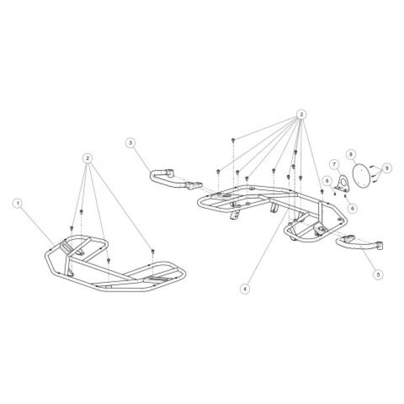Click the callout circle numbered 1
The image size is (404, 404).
(18, 204)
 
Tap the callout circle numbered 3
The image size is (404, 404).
(130, 143)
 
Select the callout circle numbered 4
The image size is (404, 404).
(245, 289)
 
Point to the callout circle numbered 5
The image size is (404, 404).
(378, 275)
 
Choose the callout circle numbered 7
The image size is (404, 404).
(334, 164)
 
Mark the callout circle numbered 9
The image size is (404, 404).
(386, 168)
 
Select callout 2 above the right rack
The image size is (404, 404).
(300, 115)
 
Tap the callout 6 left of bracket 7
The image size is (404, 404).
(327, 181)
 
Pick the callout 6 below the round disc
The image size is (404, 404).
(352, 208)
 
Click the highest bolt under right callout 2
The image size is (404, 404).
(233, 140)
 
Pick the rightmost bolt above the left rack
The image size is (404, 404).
(153, 250)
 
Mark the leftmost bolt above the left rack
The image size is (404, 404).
(72, 228)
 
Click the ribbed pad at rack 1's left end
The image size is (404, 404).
(66, 247)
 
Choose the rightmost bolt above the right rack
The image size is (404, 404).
(322, 191)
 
